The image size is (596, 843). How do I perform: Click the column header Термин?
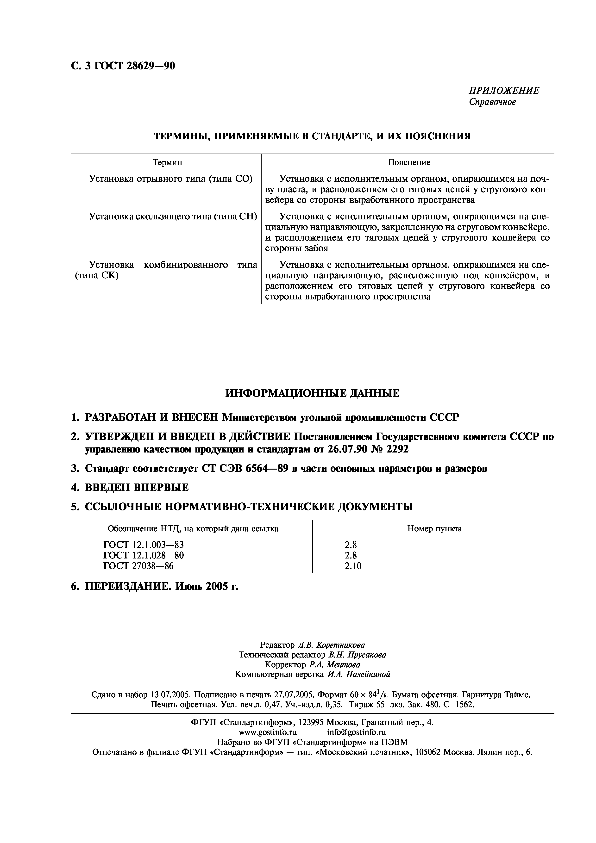tap(167, 162)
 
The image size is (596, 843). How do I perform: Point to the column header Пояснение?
tap(409, 162)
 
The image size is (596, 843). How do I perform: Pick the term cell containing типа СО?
tap(171, 179)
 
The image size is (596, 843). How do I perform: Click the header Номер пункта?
tap(434, 529)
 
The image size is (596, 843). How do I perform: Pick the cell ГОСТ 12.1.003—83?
tap(144, 545)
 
